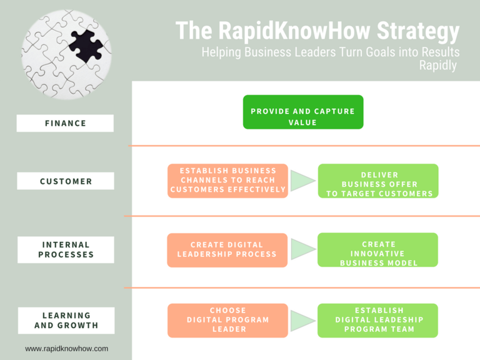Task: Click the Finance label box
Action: click(x=65, y=123)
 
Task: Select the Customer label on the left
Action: click(x=65, y=181)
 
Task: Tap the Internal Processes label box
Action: click(x=65, y=249)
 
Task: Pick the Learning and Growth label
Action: click(x=65, y=320)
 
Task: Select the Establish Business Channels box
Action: click(x=227, y=181)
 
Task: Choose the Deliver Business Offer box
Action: click(x=379, y=181)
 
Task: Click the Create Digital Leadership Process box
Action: click(x=227, y=249)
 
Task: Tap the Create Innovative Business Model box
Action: click(x=379, y=250)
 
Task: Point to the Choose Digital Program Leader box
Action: click(x=227, y=319)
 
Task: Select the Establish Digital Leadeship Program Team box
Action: click(x=379, y=320)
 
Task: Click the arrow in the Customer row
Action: click(x=303, y=181)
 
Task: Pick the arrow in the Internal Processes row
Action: click(x=303, y=249)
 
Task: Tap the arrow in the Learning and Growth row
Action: click(x=303, y=319)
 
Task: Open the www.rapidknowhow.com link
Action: click(x=67, y=349)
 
